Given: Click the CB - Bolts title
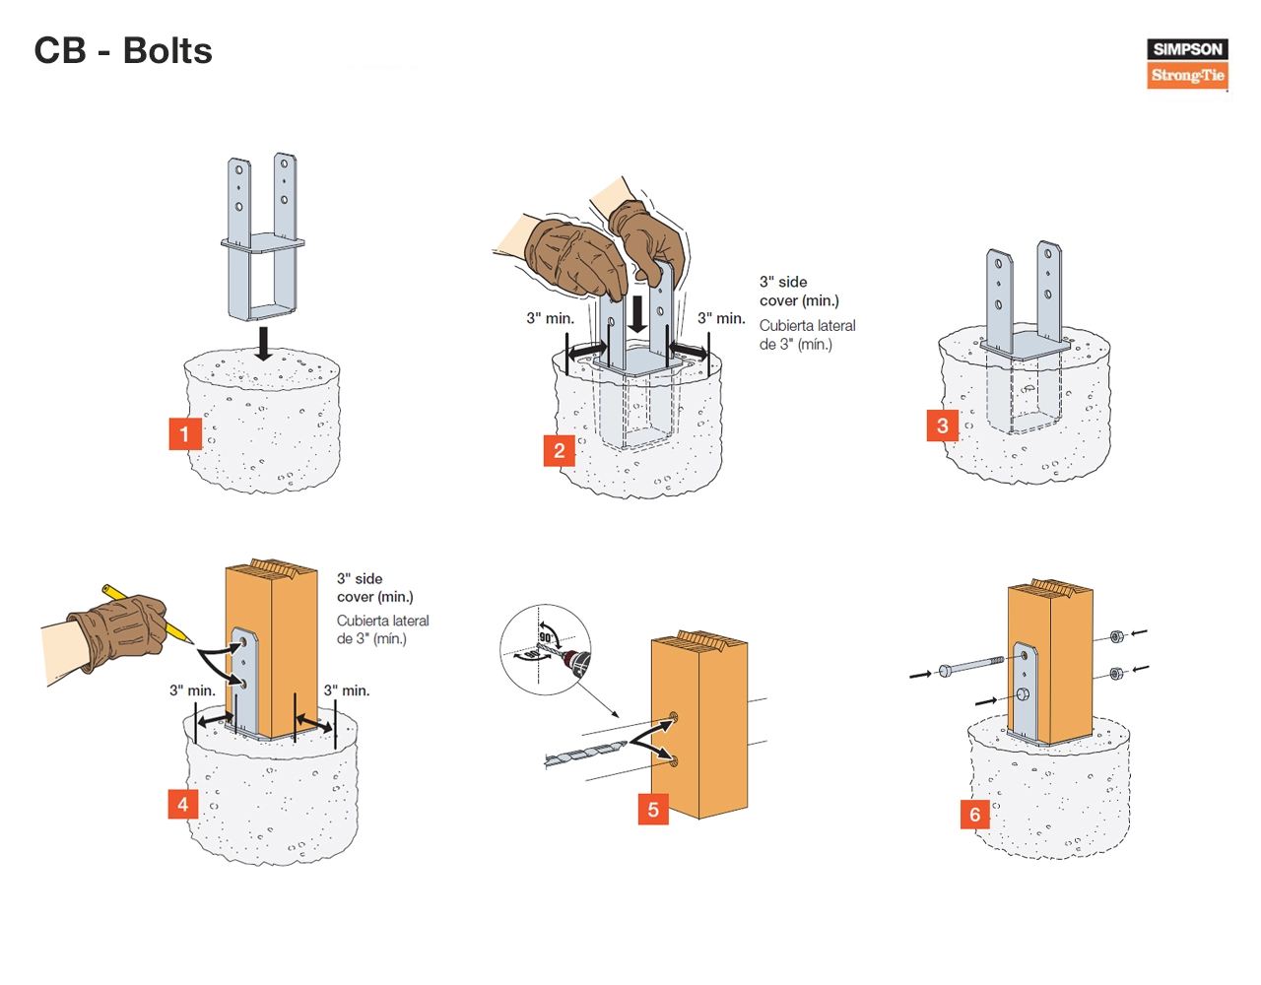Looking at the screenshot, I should pos(123,51).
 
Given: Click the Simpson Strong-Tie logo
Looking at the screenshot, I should pos(1187,63).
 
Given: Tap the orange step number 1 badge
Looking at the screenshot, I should pos(184,434).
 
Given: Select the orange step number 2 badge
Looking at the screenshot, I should pos(559,451).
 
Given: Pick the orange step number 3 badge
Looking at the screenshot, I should pos(942,426).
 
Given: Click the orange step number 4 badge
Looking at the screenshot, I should pos(182,805).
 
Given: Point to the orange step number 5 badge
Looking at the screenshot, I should pos(652,810).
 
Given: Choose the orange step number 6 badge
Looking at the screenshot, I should pos(974,815).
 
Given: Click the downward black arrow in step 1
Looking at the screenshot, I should pos(263,344).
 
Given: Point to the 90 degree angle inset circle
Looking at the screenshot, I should pos(545,650).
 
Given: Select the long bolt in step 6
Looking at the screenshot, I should pos(971,666).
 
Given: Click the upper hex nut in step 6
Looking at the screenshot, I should pos(1116,636).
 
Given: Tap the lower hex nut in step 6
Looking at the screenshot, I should pos(1116,674).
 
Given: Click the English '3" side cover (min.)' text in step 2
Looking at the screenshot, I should pos(798,291).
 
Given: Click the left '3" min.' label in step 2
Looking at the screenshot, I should pos(550,318).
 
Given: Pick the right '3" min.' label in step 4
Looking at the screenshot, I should pos(347,690).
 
